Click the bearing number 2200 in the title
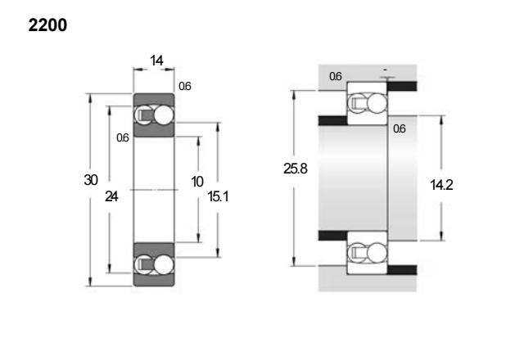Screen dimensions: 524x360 [x=47, y=25]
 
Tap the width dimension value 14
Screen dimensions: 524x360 [x=156, y=61]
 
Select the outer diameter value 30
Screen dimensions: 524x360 [x=91, y=180]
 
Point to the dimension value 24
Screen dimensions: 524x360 [x=111, y=196]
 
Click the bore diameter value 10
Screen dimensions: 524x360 [x=197, y=182]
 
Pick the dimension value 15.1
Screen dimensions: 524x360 [x=219, y=196]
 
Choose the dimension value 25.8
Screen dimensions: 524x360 [x=296, y=169]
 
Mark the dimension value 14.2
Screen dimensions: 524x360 [x=441, y=185]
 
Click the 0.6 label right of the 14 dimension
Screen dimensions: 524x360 [x=185, y=86]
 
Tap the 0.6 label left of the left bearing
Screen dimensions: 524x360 [x=123, y=137]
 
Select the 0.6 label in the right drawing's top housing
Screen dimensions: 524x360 [x=336, y=76]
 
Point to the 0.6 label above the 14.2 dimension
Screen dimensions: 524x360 [x=400, y=128]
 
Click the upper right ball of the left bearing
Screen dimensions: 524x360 [x=164, y=115]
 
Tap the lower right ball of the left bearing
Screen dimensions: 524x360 [x=164, y=264]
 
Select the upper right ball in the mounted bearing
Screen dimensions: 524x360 [x=377, y=102]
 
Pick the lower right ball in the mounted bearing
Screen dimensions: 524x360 [x=377, y=253]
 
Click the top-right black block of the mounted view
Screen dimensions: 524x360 [x=402, y=86]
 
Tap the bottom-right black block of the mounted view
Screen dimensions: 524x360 [x=402, y=270]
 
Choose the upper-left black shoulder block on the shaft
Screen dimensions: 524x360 [x=333, y=120]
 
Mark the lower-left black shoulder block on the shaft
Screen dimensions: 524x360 [x=333, y=236]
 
